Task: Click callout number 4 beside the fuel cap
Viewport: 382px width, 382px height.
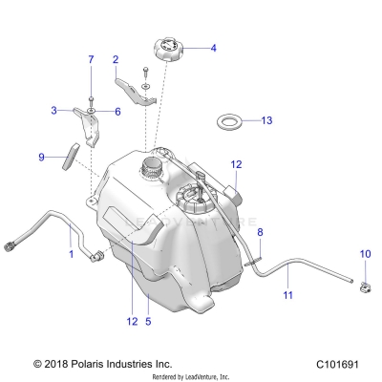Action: point(213,48)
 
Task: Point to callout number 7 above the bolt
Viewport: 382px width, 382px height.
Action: point(92,60)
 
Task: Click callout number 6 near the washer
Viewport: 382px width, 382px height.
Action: point(117,112)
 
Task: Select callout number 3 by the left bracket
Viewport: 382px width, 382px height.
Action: point(53,111)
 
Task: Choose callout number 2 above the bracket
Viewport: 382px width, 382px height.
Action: point(116,59)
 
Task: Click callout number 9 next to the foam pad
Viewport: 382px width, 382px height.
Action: point(41,156)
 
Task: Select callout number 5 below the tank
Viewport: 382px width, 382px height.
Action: point(148,322)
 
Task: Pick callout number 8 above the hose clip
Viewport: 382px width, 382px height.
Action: point(259,233)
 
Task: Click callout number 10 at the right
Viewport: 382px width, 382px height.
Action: point(364,254)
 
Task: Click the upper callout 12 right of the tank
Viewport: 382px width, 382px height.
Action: point(237,165)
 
